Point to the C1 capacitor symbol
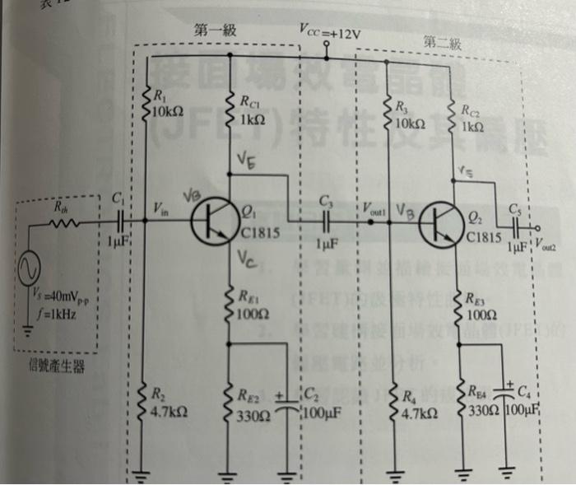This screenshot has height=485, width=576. pos(121,220)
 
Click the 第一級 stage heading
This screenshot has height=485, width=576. pos(215,30)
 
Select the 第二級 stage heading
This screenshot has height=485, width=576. pos(442,41)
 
